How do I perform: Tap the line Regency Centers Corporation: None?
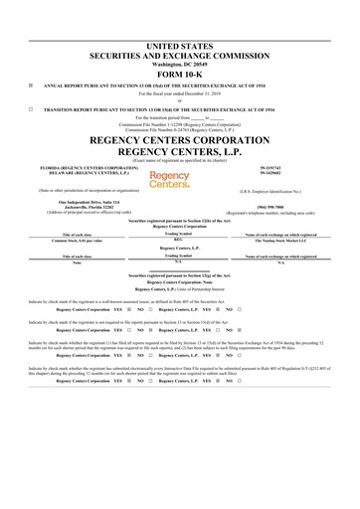[179, 282]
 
